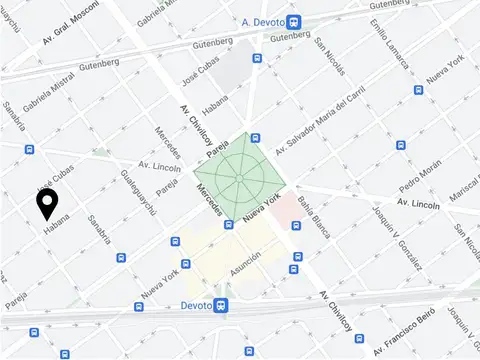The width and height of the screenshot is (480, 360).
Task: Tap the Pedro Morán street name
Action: (420, 178)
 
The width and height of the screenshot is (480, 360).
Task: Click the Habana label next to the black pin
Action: (57, 228)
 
